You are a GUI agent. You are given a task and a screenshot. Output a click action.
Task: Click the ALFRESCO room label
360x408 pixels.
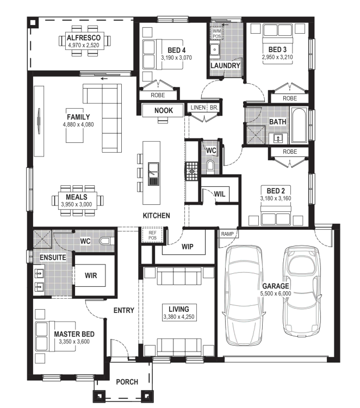click(x=83, y=37)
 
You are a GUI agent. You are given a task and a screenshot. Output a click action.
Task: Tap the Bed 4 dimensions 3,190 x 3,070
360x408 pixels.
click(x=176, y=58)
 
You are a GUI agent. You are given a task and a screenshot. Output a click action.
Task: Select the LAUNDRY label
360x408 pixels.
click(x=225, y=66)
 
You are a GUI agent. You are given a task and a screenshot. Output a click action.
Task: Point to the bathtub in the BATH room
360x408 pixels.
click(x=299, y=125)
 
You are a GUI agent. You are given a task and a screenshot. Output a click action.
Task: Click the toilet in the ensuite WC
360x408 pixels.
click(x=106, y=241)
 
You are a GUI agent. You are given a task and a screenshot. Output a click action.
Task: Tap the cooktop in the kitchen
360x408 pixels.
click(x=191, y=171)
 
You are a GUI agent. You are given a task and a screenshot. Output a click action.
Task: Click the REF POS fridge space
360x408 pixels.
click(x=152, y=235)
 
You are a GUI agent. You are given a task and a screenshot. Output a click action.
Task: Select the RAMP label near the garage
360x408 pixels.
click(x=227, y=234)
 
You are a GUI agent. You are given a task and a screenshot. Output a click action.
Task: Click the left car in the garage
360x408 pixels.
click(x=244, y=296)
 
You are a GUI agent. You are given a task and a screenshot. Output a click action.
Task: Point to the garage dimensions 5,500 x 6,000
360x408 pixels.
click(x=276, y=293)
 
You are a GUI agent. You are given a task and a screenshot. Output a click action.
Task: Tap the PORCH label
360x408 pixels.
click(x=127, y=382)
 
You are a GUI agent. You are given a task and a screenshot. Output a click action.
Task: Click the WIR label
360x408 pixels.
click(x=91, y=275)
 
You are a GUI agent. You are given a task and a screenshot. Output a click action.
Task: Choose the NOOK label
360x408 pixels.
click(x=164, y=111)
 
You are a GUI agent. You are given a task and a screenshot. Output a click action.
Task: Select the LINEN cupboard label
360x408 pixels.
click(x=198, y=108)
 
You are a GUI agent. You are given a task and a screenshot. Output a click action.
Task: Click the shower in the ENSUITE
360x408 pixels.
click(x=42, y=239)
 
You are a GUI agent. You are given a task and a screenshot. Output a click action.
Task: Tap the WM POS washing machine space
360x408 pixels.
click(x=216, y=34)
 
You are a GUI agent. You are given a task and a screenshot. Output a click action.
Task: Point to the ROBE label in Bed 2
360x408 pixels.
click(x=290, y=152)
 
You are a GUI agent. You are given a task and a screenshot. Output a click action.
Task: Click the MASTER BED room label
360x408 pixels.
click(x=75, y=334)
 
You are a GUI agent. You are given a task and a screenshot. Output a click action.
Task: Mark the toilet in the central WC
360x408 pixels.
click(x=210, y=167)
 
